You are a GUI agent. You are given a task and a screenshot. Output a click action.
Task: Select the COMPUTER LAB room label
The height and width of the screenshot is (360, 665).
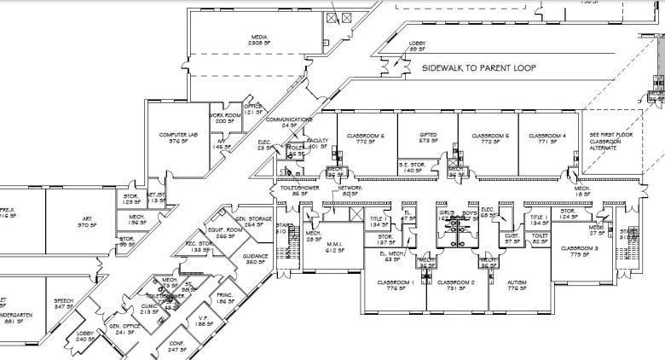click(x=178, y=138)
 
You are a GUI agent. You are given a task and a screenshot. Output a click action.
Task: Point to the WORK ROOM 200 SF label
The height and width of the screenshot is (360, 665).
click(x=224, y=118)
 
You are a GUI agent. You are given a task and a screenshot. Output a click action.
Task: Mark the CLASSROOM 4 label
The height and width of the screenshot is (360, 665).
click(x=547, y=137)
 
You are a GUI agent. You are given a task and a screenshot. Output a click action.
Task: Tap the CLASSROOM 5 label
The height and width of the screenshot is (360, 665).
click(x=490, y=137)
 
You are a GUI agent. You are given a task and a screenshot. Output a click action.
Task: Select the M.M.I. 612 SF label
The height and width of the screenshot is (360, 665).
click(x=333, y=248)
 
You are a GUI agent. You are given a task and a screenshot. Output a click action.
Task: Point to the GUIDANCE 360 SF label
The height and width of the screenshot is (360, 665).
click(x=256, y=258)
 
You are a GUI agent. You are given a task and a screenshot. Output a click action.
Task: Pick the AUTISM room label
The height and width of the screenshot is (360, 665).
click(x=517, y=286)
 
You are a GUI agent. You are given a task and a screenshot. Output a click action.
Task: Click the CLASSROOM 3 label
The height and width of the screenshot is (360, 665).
click(x=579, y=251)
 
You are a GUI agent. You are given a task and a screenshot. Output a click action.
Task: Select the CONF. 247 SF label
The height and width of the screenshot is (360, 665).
click(x=177, y=346)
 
